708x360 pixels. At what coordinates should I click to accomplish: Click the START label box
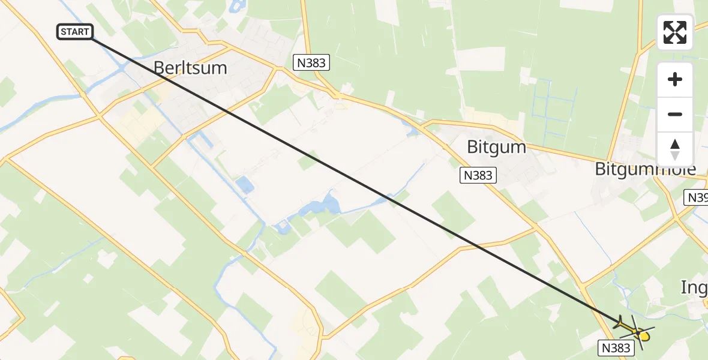(75, 32)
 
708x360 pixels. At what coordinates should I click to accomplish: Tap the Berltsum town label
(190, 68)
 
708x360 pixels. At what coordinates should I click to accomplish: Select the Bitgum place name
(496, 147)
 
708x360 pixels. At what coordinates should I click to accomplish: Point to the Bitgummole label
(645, 169)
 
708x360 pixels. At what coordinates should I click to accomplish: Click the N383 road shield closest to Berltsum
(311, 62)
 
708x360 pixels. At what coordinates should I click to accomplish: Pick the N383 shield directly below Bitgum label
(478, 175)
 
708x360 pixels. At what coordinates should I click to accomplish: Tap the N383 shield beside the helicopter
(615, 347)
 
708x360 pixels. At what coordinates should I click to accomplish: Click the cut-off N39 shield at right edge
(697, 197)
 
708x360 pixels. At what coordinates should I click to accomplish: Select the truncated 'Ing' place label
(694, 287)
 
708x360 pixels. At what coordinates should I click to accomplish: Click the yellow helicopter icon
(642, 335)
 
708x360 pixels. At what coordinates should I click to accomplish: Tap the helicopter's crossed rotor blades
(634, 329)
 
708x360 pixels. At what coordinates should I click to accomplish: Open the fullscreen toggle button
(675, 32)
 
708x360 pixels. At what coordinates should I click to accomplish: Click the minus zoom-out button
(675, 115)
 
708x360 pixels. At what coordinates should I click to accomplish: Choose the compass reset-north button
(675, 149)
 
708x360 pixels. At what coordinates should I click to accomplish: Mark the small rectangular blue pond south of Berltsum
(244, 184)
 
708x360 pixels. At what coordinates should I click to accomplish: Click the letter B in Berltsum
(160, 68)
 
